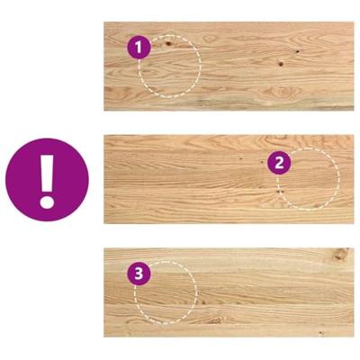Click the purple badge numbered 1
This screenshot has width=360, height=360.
[139, 48]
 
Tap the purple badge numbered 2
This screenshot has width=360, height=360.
[279, 162]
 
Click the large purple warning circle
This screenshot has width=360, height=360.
[47, 180]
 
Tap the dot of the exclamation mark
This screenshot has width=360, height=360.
[47, 202]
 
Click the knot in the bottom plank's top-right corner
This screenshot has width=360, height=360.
[341, 256]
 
